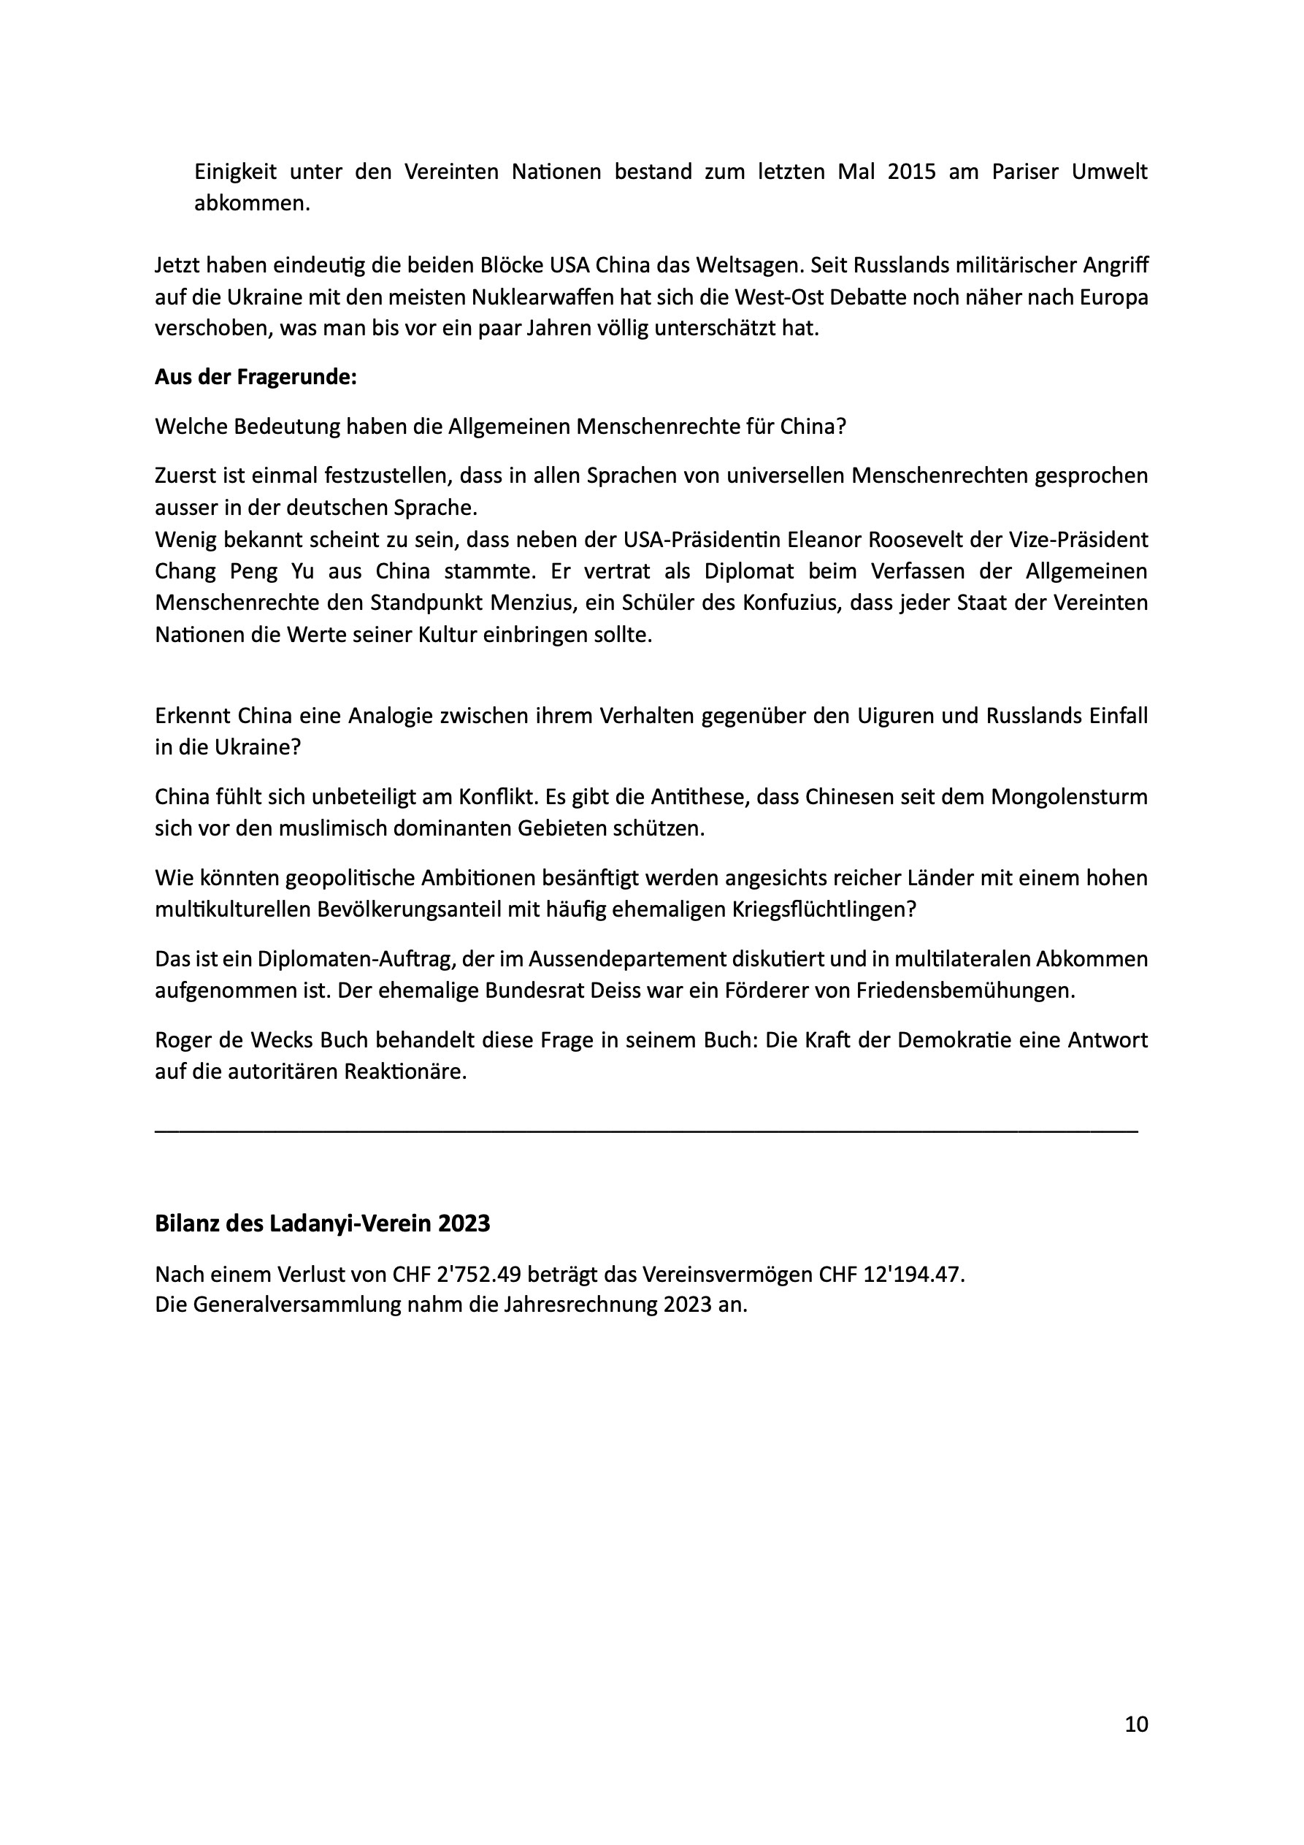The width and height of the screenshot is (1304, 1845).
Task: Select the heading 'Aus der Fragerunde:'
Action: point(256,378)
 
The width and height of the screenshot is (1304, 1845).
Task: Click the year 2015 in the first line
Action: point(912,172)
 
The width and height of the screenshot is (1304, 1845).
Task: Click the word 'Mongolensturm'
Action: point(1070,797)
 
